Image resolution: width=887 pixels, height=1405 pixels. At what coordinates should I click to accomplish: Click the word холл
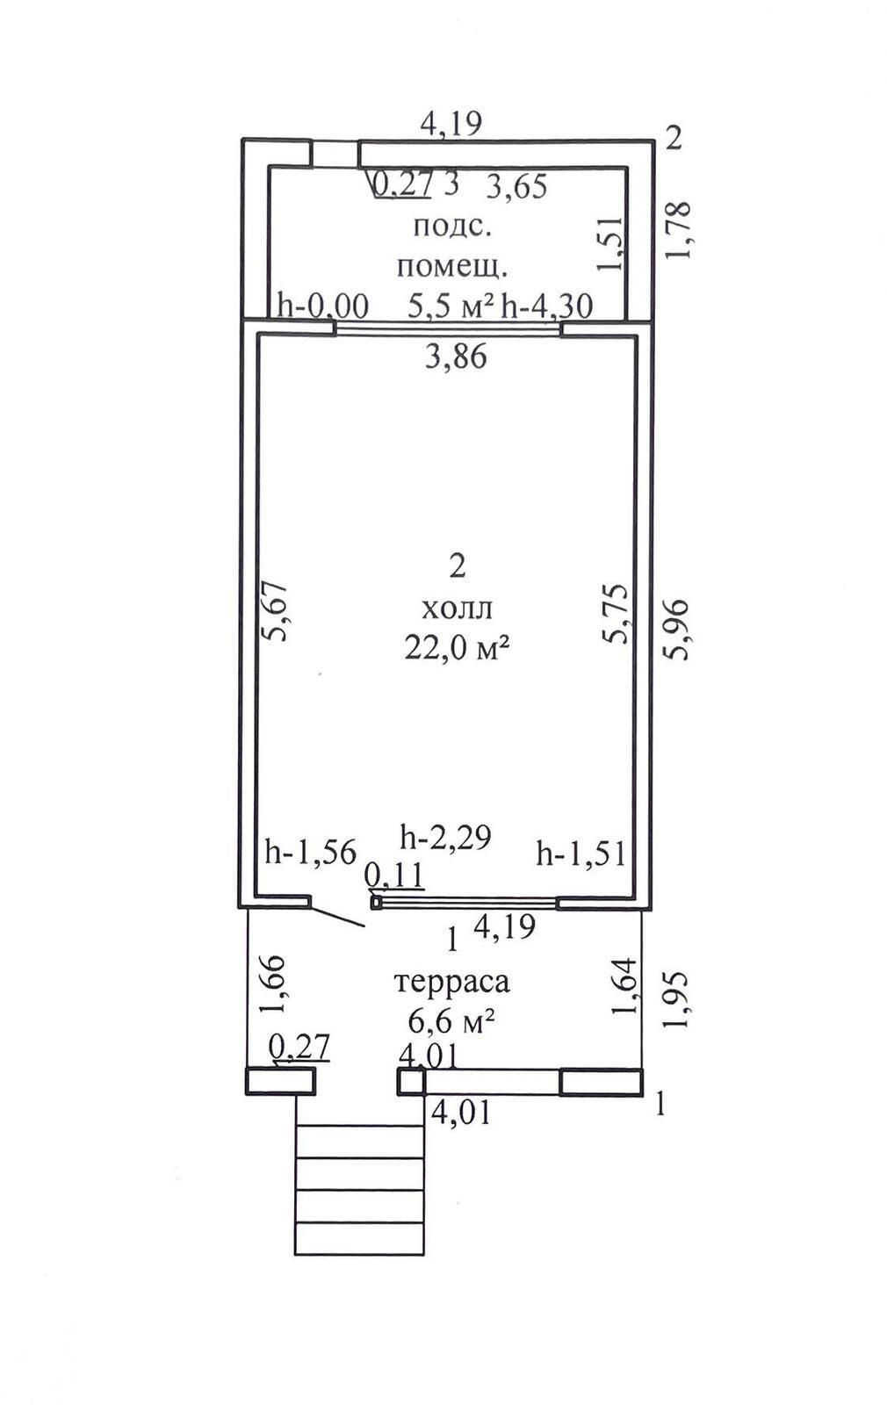(x=458, y=609)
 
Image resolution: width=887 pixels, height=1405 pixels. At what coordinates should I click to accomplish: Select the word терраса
(x=451, y=983)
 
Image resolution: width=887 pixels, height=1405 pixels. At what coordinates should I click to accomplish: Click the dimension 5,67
(x=274, y=611)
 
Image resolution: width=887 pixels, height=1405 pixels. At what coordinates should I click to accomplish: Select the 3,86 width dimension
(x=456, y=357)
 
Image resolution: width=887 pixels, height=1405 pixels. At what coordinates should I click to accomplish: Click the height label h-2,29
(x=445, y=837)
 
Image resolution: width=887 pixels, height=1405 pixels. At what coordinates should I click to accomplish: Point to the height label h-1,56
(x=311, y=853)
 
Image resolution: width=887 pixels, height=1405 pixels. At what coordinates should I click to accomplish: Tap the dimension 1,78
(x=679, y=229)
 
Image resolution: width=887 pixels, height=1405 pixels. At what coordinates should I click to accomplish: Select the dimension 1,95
(x=677, y=1000)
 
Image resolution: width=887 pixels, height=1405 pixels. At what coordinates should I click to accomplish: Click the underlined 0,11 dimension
(x=394, y=875)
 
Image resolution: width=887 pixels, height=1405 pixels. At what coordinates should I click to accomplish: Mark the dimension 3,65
(x=517, y=186)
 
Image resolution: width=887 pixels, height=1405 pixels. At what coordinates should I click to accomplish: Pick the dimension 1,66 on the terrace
(x=274, y=984)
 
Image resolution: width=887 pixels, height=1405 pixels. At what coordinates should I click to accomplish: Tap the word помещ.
(x=452, y=268)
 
